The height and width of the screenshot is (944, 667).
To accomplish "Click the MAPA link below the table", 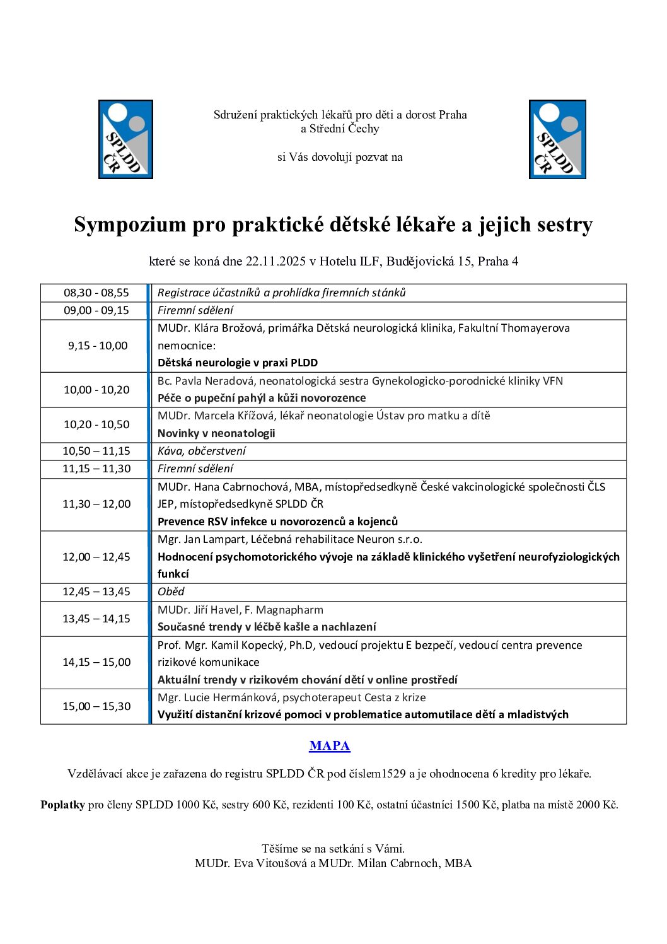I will [x=329, y=746].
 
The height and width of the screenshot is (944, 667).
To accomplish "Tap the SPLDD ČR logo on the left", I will [x=125, y=139].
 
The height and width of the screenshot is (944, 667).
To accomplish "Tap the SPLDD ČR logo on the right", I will [x=557, y=139].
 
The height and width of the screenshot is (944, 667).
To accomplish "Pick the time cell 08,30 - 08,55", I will [x=96, y=293].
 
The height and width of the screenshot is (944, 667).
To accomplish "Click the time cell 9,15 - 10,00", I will [x=98, y=346].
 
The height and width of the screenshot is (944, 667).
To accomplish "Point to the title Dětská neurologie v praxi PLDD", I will [x=238, y=363].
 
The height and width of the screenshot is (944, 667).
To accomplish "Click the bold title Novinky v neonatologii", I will [x=216, y=433].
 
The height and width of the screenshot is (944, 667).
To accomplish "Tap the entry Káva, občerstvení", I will [x=202, y=451].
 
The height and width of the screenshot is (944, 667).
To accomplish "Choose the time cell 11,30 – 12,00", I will [x=96, y=504].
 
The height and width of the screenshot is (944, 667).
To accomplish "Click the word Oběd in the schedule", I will [x=171, y=591].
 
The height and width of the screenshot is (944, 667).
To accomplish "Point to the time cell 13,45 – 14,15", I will [x=96, y=619].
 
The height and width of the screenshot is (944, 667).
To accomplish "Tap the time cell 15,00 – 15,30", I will [x=96, y=706].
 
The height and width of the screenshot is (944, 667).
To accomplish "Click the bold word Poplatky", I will [x=62, y=805].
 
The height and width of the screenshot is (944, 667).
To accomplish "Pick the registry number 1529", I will [x=393, y=774].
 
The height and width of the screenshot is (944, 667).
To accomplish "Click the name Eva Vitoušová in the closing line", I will [x=271, y=863].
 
